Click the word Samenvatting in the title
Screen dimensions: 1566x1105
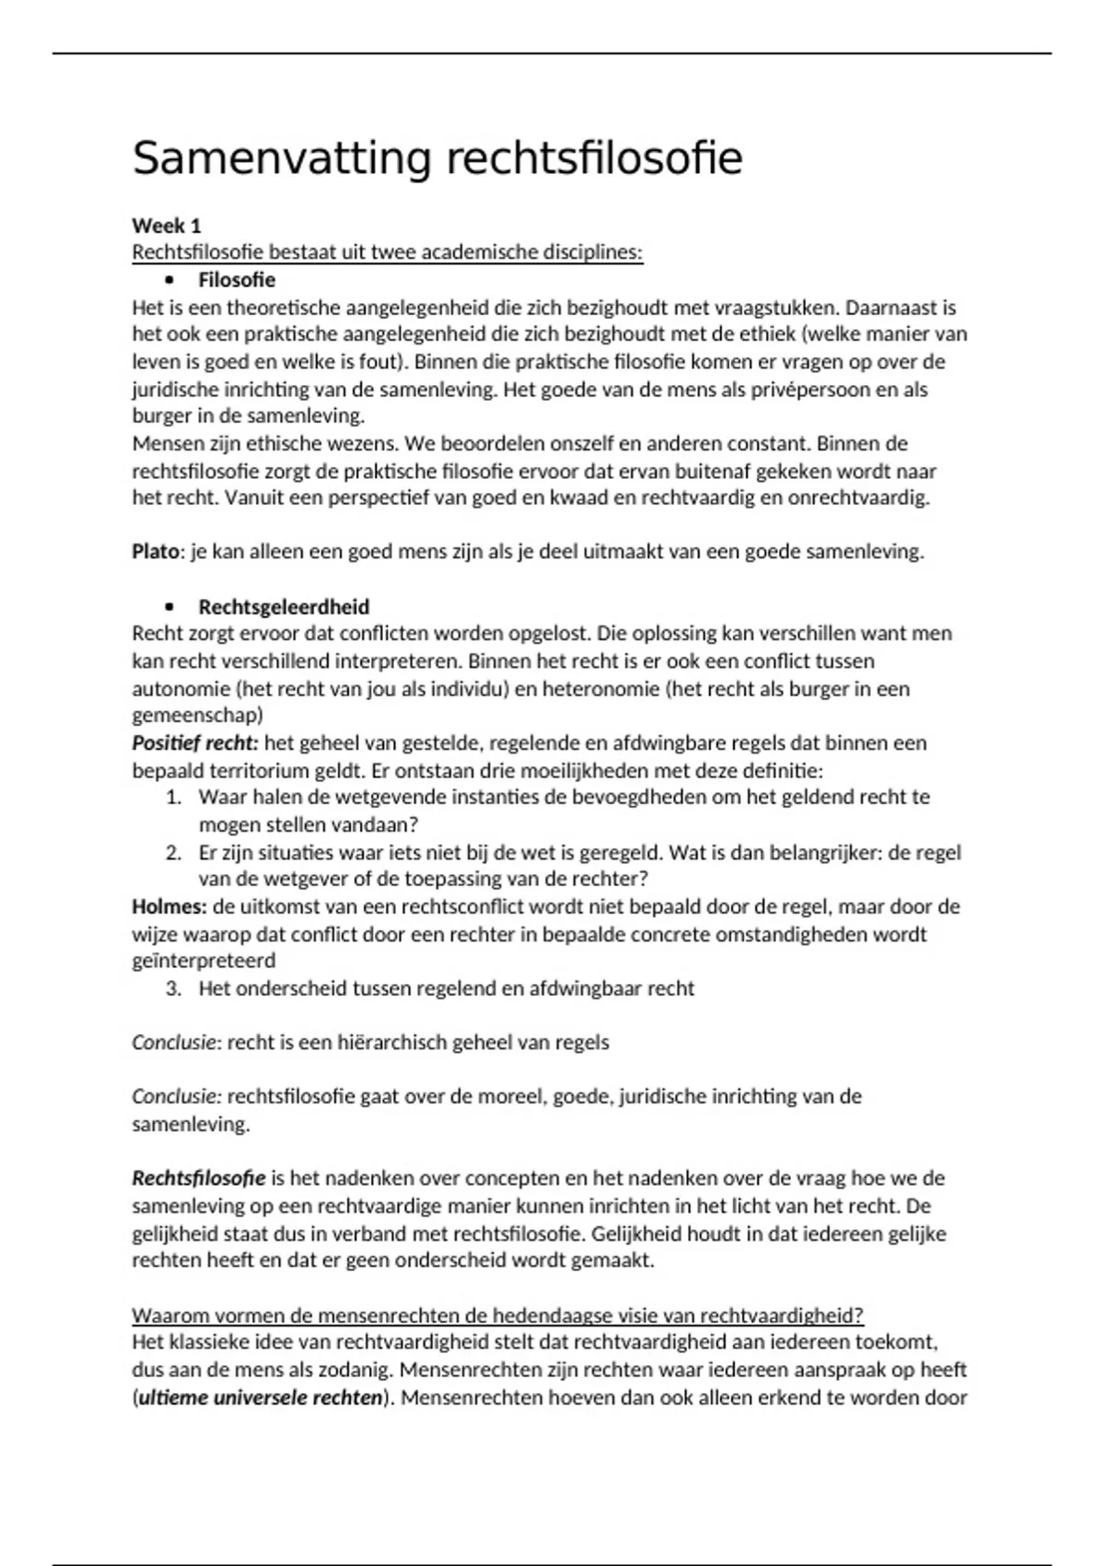coord(281,159)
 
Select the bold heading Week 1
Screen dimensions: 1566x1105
coord(167,226)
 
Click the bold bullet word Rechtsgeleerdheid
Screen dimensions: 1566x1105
coord(284,607)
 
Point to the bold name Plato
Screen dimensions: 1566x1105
coord(155,552)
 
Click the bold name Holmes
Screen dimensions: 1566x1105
coord(169,906)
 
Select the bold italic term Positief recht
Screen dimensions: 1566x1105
coord(195,742)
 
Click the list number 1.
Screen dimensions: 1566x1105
coord(173,797)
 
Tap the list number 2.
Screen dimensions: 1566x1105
coord(173,852)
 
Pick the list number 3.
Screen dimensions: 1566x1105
coord(173,988)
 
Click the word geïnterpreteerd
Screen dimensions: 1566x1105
coord(204,961)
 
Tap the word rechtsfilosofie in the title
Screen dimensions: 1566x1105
coord(595,159)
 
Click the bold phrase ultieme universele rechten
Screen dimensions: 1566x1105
coord(260,1397)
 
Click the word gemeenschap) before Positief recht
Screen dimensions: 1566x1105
coord(197,715)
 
